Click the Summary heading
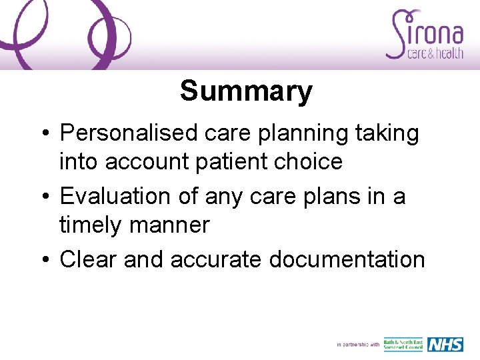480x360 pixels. (246, 91)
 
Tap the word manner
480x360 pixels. (175, 225)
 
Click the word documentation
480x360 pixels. (347, 259)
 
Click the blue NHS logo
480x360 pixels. (445, 344)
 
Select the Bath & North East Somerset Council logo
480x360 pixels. (403, 344)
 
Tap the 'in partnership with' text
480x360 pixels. (358, 345)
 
